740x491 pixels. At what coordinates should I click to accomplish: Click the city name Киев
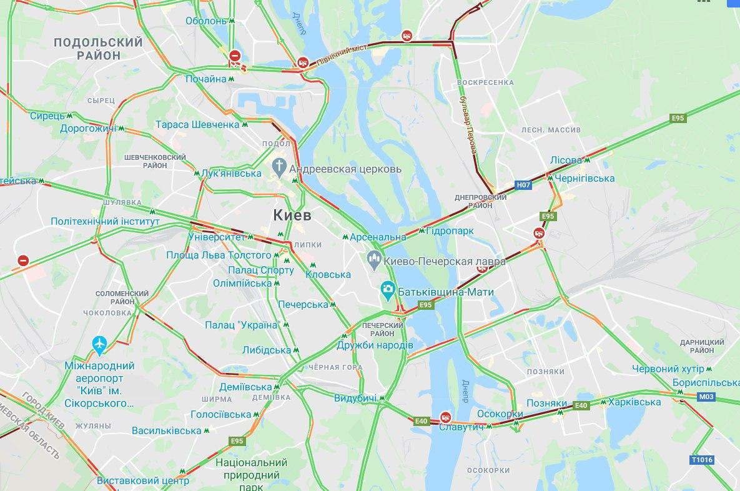(x=292, y=215)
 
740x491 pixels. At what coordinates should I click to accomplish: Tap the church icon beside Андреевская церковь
(x=279, y=167)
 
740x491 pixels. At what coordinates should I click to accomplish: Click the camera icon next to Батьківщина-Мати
(x=388, y=290)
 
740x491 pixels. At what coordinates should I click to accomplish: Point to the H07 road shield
(x=523, y=185)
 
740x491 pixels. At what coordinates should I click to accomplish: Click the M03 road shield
(x=706, y=396)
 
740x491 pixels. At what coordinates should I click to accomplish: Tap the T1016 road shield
(x=701, y=460)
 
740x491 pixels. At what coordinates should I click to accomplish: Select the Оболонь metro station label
(x=205, y=21)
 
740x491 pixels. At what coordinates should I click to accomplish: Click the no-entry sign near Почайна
(x=234, y=56)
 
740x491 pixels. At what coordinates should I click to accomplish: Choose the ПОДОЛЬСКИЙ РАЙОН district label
(x=98, y=49)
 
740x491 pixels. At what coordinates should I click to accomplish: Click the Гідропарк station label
(x=450, y=231)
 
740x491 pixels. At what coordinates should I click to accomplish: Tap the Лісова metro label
(x=566, y=160)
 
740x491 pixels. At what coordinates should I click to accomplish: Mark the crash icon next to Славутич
(x=445, y=416)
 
